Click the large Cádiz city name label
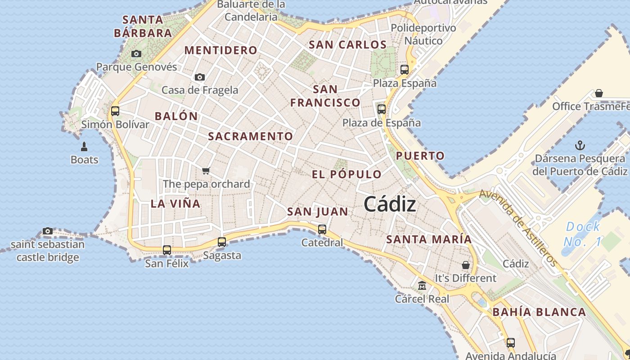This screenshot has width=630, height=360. (x=390, y=204)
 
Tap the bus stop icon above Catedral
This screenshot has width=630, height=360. (x=322, y=229)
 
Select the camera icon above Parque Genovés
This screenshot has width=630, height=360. (x=136, y=54)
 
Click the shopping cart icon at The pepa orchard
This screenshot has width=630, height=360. (x=206, y=171)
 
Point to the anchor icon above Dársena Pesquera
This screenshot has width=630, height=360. (x=580, y=145)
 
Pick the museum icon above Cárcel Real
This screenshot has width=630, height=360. (x=422, y=286)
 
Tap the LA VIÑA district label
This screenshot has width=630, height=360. (x=175, y=203)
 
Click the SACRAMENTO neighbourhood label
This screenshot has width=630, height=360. (x=250, y=136)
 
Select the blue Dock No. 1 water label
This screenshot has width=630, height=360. (x=582, y=234)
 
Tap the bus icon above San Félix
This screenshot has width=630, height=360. (x=167, y=250)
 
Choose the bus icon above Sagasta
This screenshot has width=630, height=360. (x=222, y=242)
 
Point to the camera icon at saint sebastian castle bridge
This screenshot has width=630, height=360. (x=48, y=231)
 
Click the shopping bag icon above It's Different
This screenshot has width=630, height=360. (x=466, y=265)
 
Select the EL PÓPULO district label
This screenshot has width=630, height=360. (x=346, y=174)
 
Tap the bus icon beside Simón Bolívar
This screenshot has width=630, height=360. (x=115, y=111)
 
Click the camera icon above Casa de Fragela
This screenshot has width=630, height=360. (x=200, y=77)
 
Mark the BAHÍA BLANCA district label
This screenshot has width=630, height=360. (x=539, y=312)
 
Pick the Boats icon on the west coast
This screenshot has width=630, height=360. (x=84, y=146)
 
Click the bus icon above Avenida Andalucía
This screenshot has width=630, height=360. (x=510, y=342)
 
